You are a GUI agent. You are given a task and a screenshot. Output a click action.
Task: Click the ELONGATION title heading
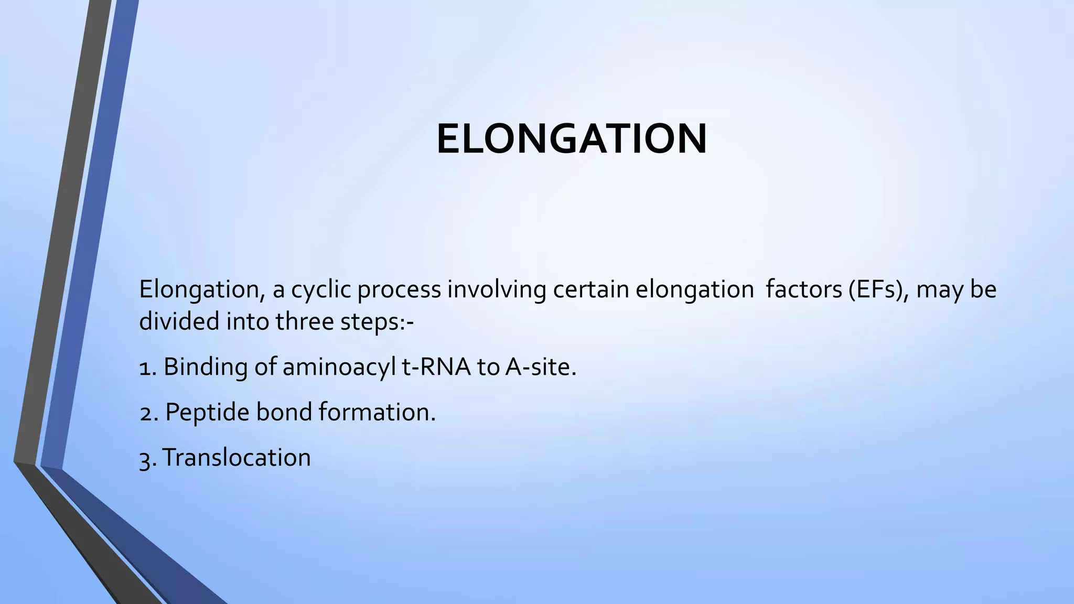point(572,139)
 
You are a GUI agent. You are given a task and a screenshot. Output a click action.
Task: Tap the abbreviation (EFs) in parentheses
point(879,289)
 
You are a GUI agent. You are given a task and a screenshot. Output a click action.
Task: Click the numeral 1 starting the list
point(145,367)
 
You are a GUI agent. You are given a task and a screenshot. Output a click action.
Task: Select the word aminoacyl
point(338,367)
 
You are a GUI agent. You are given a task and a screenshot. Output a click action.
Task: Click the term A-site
point(540,367)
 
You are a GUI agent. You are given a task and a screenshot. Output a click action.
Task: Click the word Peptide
point(207,413)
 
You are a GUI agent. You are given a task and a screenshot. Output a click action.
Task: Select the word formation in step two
point(377,413)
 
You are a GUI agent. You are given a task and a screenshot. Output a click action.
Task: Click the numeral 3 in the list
point(145,458)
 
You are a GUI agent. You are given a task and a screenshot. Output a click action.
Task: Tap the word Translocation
point(237,458)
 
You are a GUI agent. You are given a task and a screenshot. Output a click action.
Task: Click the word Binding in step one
point(205,367)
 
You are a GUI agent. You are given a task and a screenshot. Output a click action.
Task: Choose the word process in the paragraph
point(399,289)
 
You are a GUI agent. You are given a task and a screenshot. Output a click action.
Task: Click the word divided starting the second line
point(179,321)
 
